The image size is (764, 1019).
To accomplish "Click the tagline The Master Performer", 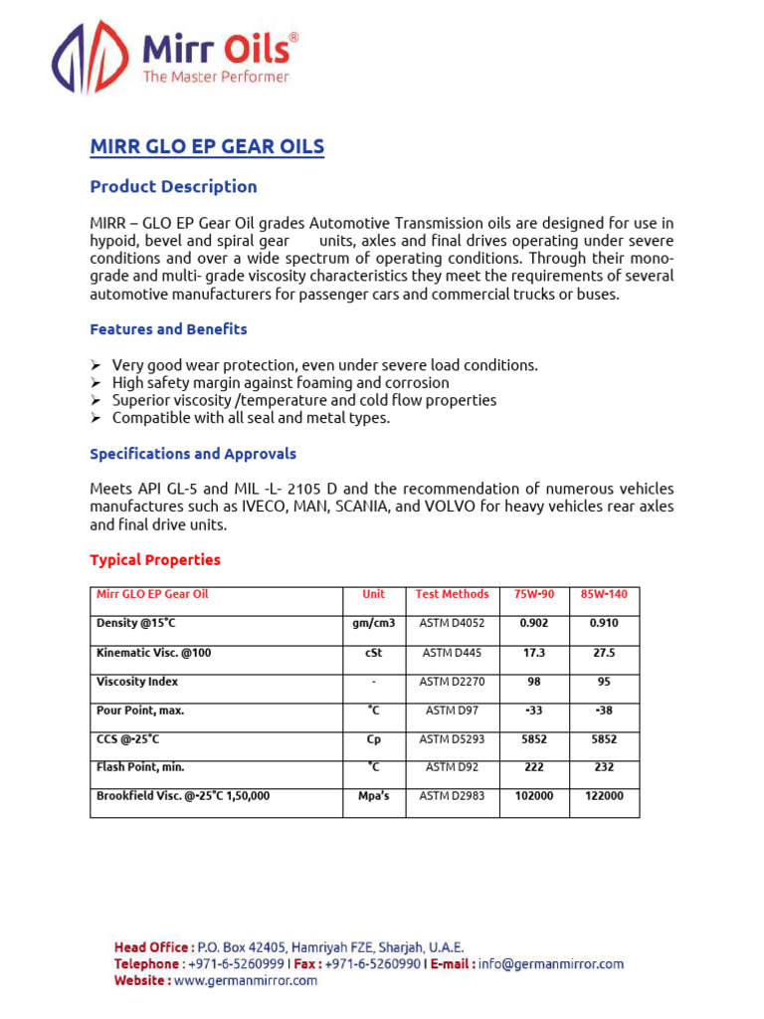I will click(216, 77).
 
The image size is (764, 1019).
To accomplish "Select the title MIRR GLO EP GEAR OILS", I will click(207, 147).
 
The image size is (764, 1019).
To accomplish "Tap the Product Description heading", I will click(173, 187).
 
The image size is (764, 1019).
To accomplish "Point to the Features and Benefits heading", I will click(168, 329).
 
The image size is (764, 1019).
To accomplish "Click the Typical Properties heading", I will click(155, 560).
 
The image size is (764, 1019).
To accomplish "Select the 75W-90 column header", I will click(533, 594).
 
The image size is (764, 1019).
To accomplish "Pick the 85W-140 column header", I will click(604, 594).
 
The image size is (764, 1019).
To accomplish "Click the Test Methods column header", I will click(452, 594).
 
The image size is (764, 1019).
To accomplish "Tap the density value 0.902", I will click(533, 624).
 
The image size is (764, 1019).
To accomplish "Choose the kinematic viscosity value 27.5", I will click(604, 653).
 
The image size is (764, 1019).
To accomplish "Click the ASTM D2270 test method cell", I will click(452, 682).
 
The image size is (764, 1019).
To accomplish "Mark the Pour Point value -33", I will click(533, 711).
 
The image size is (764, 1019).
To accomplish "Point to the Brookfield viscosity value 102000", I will click(533, 796).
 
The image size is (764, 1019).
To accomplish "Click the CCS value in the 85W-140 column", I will click(604, 739).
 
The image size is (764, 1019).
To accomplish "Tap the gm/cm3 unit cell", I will click(374, 624).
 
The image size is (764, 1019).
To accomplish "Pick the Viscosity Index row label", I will click(137, 682).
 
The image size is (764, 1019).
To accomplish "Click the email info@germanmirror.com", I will click(550, 964).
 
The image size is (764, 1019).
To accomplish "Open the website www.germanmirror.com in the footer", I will click(246, 981).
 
